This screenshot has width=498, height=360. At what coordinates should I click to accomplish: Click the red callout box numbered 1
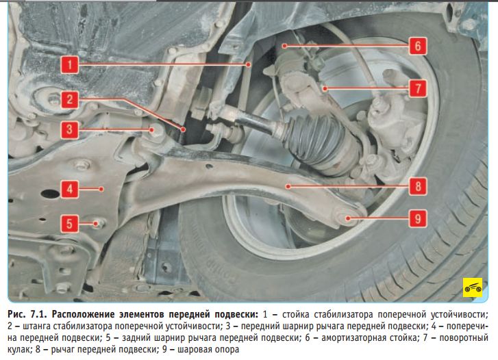click(70, 65)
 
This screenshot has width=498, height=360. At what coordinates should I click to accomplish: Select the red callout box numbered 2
click(70, 100)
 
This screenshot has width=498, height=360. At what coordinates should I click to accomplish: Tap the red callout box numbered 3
click(70, 129)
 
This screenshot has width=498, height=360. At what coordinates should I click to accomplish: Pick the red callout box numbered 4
click(70, 189)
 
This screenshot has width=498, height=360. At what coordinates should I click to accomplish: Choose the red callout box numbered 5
click(70, 224)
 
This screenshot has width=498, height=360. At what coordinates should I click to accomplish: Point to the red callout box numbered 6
click(418, 46)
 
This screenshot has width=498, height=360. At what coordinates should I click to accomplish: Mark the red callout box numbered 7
click(418, 88)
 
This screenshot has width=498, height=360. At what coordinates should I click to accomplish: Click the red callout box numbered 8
click(418, 186)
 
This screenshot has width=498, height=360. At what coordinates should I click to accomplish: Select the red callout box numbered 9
click(418, 218)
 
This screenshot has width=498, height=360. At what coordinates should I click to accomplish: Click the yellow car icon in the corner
click(473, 287)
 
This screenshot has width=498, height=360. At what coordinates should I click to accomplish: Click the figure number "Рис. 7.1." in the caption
click(27, 314)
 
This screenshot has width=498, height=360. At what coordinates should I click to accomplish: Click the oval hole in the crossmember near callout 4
click(50, 193)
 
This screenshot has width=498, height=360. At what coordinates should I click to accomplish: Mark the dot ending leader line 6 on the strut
click(284, 46)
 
